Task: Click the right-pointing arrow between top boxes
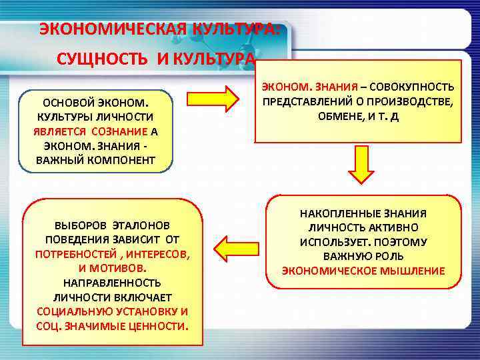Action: pos(212,99)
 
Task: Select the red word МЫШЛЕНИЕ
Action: pos(411,271)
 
